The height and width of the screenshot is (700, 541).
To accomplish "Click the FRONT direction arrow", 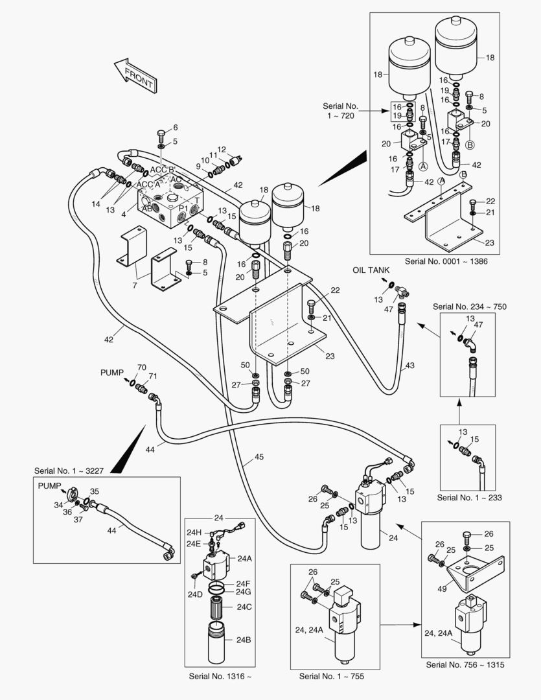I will point(135,75).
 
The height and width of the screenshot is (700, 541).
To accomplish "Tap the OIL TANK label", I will point(371,270).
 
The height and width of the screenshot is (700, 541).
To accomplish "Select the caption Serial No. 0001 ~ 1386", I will point(446,261).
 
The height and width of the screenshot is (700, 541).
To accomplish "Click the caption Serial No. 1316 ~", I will point(220,676).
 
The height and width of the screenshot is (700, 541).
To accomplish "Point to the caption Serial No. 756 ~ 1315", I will point(465,665).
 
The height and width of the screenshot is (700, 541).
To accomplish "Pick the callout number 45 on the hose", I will point(259,457).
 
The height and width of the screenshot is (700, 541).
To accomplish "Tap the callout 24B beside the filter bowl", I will point(243,640).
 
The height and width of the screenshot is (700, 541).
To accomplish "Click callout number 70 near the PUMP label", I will point(142,367).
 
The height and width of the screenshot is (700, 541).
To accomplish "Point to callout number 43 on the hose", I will point(409,366).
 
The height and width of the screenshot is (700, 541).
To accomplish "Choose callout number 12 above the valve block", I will point(221,149).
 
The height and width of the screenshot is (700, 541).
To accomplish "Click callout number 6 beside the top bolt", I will point(174,127).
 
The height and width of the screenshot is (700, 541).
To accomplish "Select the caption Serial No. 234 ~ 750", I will point(469,306).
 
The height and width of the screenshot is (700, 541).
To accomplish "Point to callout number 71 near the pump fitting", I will point(153,377).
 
